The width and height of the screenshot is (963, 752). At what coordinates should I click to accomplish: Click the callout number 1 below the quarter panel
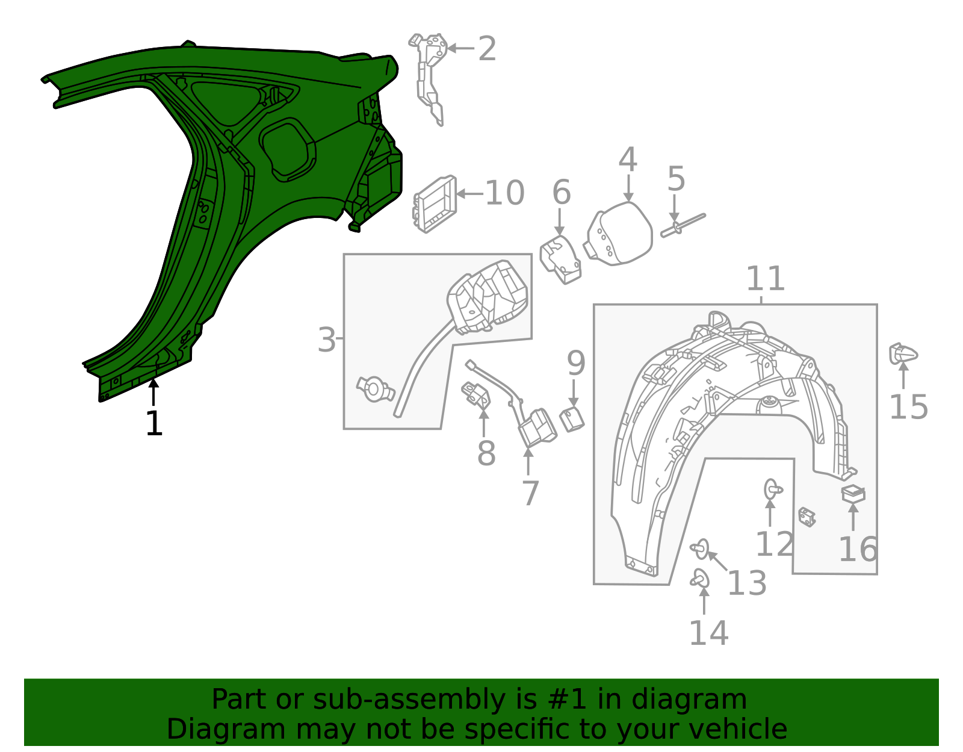click(x=154, y=424)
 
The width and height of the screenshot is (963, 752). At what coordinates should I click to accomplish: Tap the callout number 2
click(x=487, y=49)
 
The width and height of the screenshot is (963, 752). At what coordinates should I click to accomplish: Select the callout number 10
click(x=504, y=193)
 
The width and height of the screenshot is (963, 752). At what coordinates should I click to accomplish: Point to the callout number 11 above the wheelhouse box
click(x=765, y=279)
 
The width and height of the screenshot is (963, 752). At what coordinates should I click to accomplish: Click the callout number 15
click(x=908, y=407)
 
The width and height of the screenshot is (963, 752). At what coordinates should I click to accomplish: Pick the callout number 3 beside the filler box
click(x=326, y=340)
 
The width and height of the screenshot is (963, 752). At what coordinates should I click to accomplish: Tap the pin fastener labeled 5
click(x=683, y=224)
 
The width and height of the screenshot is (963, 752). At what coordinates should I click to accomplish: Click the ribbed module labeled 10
click(x=435, y=204)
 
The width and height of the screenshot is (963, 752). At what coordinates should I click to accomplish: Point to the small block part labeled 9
click(x=572, y=419)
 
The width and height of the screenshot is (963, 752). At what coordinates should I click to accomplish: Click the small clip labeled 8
click(x=476, y=395)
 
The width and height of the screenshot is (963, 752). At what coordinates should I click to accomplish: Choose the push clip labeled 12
click(x=772, y=489)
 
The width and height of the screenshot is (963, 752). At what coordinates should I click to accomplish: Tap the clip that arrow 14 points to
click(x=700, y=579)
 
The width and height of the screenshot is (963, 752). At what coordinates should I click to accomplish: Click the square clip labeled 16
click(x=853, y=494)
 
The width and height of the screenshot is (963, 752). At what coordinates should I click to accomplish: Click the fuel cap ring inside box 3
click(x=374, y=389)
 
